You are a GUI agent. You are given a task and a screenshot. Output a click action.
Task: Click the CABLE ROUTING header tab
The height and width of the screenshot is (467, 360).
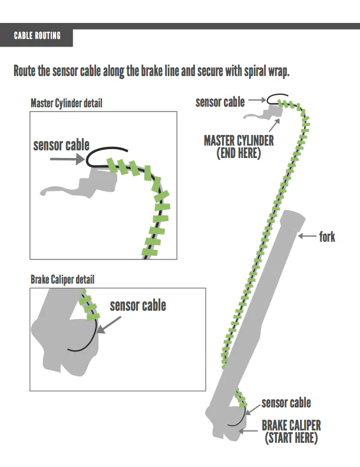[x=37, y=36]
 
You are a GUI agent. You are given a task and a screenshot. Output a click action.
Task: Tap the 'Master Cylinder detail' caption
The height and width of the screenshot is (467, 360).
[x=66, y=103]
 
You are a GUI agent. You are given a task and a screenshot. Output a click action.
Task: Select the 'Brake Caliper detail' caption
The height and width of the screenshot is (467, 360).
[x=62, y=279]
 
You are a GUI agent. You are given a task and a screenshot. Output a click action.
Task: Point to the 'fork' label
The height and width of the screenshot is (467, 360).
[x=327, y=237]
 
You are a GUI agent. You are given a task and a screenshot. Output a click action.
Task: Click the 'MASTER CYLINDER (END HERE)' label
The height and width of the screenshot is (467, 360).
[x=239, y=147]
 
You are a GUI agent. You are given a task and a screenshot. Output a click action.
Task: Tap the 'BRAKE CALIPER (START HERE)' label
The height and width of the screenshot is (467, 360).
[x=291, y=432]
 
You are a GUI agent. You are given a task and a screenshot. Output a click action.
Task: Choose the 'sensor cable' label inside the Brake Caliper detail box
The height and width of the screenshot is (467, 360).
[x=138, y=305]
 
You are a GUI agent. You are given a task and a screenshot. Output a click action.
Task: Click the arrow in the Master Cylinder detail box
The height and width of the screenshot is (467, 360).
[x=65, y=159]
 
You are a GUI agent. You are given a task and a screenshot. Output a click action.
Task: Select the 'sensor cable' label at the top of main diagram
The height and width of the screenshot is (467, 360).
[x=220, y=102]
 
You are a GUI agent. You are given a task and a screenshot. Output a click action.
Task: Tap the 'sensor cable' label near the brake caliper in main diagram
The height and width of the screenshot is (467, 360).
[x=286, y=403]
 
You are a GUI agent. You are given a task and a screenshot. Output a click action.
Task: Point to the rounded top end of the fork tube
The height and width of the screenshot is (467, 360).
[x=293, y=218]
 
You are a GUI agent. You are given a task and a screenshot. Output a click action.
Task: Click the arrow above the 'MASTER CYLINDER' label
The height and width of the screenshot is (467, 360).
[x=275, y=124]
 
